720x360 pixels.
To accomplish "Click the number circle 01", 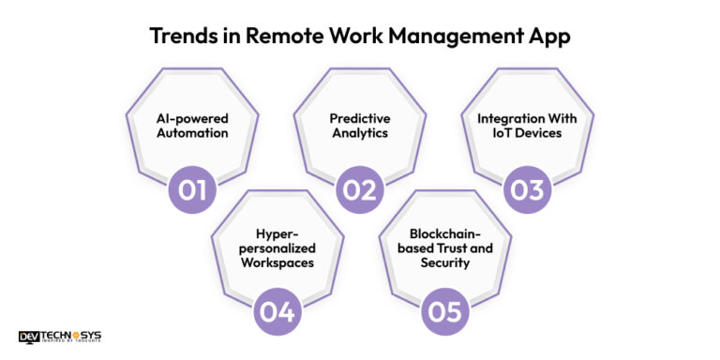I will point(192,190).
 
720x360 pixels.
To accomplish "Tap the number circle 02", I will point(361,190).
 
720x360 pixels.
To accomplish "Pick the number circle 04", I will point(277,311).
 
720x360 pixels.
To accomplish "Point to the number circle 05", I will point(444,311).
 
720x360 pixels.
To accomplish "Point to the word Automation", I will point(192,134).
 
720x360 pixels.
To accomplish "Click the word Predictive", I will point(361,119).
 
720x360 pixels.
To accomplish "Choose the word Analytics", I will point(361,134).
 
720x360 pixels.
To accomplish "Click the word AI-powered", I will point(192,119).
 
